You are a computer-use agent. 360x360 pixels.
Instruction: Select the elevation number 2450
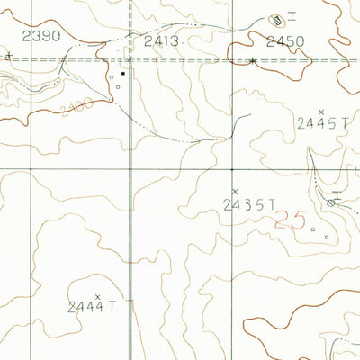[x=285, y=40]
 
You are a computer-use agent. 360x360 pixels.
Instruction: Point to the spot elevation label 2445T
[x=321, y=126]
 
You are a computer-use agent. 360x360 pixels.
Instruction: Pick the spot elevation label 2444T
[x=93, y=307]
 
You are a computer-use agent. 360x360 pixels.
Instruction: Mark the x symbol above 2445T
[x=321, y=111]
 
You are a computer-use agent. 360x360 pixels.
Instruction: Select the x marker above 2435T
[x=235, y=191]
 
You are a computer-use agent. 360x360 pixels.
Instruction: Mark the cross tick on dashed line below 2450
[x=254, y=60]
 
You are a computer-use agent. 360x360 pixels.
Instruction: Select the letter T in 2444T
[x=113, y=307]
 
